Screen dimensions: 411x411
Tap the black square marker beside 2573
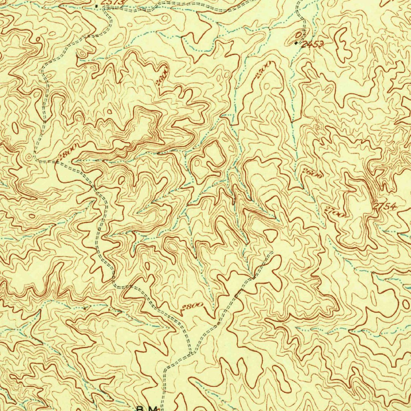[97, 6]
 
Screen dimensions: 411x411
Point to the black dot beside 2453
[297, 42]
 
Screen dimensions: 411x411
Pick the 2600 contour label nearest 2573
[162, 76]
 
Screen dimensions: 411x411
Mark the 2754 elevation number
[385, 207]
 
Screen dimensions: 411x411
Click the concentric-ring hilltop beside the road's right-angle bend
[29, 157]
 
